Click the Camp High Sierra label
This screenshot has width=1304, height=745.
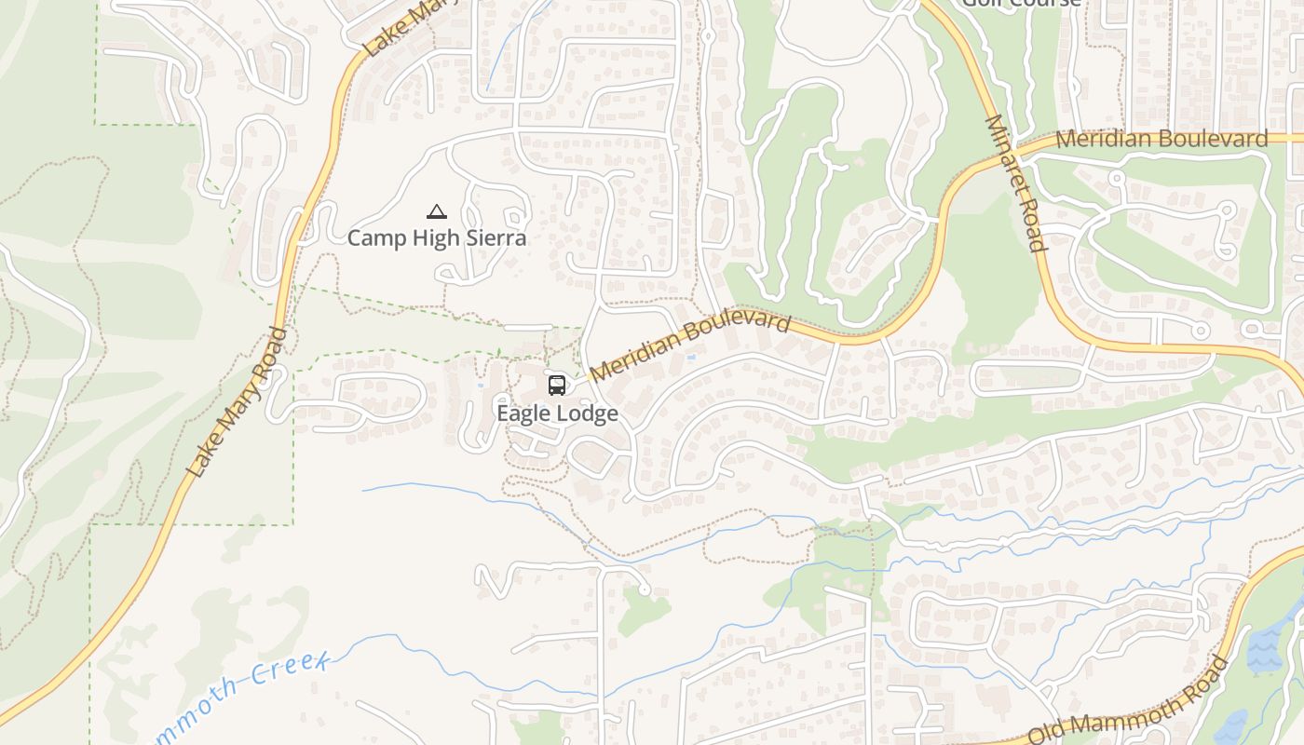point(436,238)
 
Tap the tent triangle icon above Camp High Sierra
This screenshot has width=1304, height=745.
point(436,212)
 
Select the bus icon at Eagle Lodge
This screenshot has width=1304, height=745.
point(556,385)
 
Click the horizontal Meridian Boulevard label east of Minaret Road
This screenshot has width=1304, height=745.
point(1161,140)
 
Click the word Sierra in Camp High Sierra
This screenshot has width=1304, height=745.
point(493,238)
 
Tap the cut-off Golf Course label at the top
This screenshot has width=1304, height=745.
point(1021,3)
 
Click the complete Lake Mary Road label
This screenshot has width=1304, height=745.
point(238,401)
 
